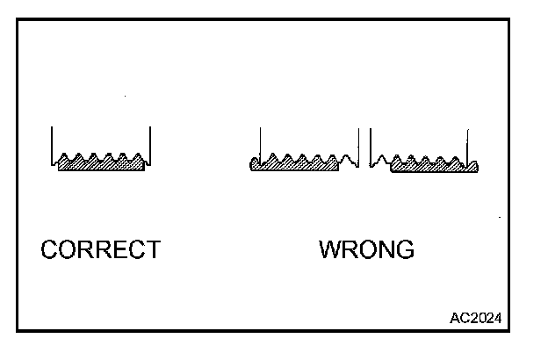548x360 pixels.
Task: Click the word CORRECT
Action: coord(101,250)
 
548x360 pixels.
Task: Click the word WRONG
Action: coord(366,250)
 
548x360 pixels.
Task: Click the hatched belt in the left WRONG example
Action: coord(295,164)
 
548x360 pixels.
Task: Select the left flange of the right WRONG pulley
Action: coord(371,145)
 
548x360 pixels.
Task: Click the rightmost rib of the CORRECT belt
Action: coord(136,160)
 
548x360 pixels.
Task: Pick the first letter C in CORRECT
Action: coord(50,250)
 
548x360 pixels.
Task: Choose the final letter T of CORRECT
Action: coord(153,250)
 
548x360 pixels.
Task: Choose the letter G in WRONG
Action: coord(404,250)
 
